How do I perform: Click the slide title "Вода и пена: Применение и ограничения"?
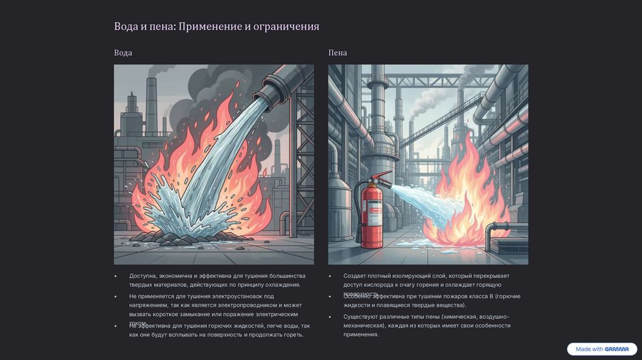click(216, 26)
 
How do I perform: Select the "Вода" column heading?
click(123, 53)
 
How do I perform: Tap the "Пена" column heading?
click(337, 53)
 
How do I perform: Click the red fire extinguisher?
click(372, 213)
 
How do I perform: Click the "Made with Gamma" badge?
click(602, 349)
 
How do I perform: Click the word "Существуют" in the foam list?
click(361, 317)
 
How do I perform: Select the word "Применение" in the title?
click(210, 26)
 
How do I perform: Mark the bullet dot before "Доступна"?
click(115, 276)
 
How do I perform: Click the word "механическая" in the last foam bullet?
click(362, 326)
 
